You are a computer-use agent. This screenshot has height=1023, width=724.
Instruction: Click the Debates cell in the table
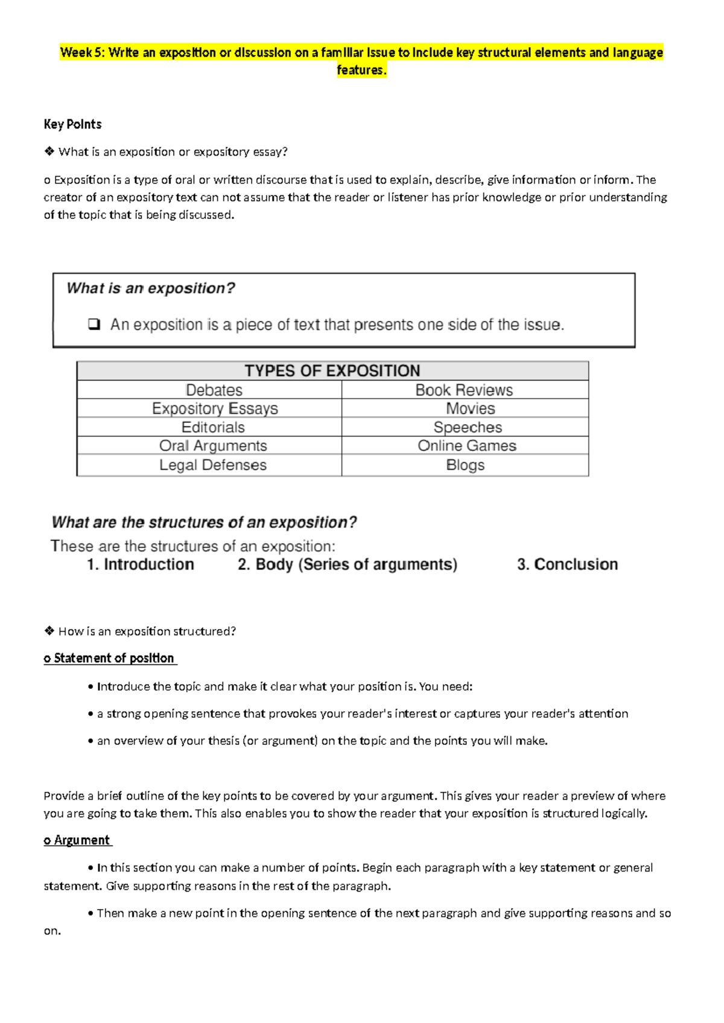[214, 390]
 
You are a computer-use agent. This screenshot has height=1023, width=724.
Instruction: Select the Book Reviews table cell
[464, 390]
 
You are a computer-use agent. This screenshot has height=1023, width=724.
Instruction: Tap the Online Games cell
[467, 446]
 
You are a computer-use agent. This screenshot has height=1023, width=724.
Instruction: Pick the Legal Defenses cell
[212, 465]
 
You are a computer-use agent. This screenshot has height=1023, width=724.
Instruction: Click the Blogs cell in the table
[465, 465]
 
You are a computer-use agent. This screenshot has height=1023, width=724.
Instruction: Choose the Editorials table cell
[213, 428]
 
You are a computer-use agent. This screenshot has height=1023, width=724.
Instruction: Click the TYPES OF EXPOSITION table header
[332, 370]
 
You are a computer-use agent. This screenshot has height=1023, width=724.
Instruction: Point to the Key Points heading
[72, 124]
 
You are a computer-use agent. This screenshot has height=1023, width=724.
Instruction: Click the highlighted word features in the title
[360, 70]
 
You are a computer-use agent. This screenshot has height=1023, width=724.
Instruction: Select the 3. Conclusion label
[567, 565]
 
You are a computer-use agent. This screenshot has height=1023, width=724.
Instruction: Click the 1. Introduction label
[140, 565]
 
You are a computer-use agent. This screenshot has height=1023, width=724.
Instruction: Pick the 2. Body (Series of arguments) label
[348, 565]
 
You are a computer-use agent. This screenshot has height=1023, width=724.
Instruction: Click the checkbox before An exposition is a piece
[94, 325]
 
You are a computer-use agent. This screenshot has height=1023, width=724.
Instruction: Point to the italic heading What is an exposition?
[151, 288]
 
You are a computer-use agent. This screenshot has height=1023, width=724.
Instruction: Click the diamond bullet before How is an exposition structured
[49, 631]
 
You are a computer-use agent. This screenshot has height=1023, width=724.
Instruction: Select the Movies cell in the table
[470, 409]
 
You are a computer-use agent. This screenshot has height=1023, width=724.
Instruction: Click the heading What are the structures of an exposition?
[204, 522]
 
